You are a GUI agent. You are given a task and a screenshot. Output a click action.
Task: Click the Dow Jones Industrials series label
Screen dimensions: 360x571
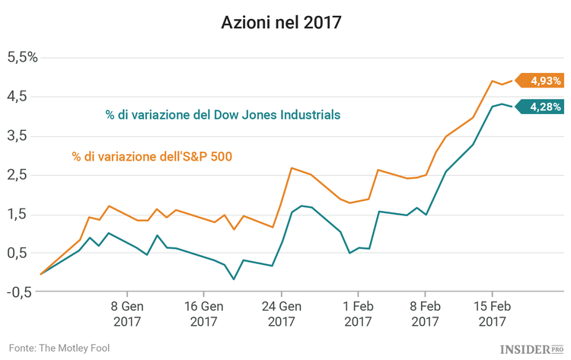pos(222,115)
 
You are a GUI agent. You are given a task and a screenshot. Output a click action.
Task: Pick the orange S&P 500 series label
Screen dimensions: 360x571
pos(152,157)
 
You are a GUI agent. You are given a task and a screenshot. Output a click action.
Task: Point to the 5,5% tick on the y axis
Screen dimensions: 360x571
pos(22,57)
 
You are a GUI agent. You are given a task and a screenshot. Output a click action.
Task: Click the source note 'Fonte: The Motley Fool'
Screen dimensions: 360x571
pos(60,348)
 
